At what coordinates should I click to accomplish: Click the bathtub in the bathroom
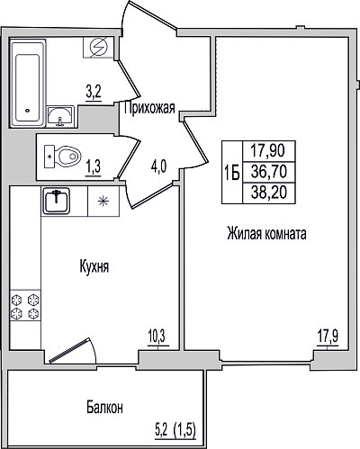(28, 83)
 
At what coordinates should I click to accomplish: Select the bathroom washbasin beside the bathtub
(60, 117)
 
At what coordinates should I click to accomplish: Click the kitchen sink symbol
(56, 201)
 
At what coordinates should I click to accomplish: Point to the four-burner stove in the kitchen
(25, 306)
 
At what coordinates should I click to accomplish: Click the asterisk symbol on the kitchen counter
(103, 201)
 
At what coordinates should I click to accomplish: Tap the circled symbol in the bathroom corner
(99, 48)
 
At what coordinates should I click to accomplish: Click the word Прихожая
(149, 108)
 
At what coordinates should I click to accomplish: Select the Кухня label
(94, 266)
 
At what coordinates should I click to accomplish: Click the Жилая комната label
(266, 233)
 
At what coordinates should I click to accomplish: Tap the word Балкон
(104, 408)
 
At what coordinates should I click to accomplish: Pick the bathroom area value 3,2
(94, 93)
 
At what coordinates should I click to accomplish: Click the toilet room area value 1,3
(94, 167)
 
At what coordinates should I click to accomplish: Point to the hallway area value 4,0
(158, 166)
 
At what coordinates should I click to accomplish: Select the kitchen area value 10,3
(157, 337)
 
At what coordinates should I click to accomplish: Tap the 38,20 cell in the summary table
(269, 193)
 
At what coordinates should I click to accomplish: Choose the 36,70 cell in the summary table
(269, 172)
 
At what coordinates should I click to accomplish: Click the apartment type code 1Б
(232, 173)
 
